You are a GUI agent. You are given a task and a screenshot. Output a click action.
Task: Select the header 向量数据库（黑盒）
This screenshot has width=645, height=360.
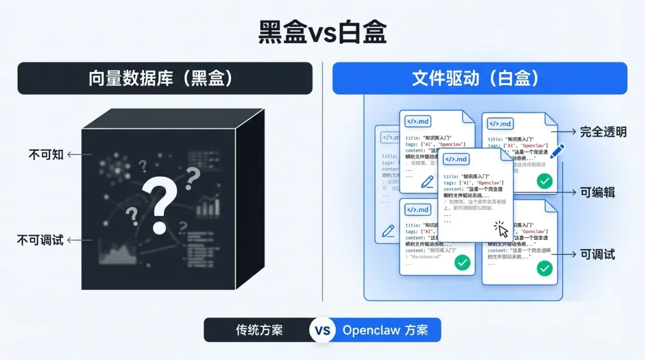pos(164,78)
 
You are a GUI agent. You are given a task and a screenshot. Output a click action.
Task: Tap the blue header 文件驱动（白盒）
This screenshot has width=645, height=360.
pos(480,78)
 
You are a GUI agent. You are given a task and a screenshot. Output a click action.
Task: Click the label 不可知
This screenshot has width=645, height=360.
pos(46,155)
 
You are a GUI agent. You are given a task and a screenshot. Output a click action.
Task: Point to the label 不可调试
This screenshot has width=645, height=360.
pos(40,241)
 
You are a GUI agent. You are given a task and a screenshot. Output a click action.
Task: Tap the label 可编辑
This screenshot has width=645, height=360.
pos(597,192)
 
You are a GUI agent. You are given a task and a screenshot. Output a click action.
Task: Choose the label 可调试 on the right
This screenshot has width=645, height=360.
pos(597,254)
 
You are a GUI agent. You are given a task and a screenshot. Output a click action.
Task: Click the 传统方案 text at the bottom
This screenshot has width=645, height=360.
pos(259,330)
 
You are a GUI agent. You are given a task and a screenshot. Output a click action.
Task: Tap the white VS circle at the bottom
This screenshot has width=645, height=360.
pos(322,330)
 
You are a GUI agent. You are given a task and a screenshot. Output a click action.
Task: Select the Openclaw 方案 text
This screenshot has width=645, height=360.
pos(385,330)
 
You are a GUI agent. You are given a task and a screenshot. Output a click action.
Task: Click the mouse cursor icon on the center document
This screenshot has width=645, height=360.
pos(500,229)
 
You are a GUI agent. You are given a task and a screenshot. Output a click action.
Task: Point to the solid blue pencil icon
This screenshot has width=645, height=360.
pos(557,152)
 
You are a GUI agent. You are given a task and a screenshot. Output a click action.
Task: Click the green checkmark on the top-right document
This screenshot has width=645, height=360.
pos(544,181)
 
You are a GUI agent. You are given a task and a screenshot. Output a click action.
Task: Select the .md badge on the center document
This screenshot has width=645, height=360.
pos(456,159)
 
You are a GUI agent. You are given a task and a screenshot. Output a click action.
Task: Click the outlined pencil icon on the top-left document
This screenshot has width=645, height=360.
pos(427,182)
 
